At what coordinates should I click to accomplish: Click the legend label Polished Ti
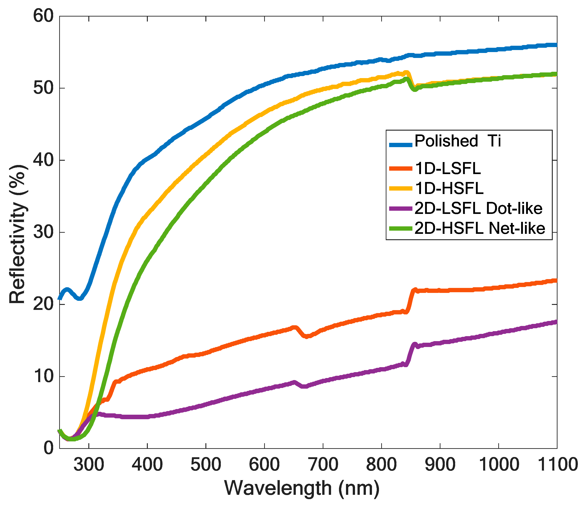457,141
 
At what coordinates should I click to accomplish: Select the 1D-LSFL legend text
448,169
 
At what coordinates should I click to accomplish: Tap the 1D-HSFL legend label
449,188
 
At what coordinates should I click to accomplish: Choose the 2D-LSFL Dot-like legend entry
478,208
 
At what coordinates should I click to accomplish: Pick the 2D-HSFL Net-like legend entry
480,228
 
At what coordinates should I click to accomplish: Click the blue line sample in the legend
400,145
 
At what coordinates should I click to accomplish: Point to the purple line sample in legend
400,209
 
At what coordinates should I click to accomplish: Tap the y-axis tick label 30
43,232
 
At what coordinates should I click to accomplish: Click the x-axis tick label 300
89,465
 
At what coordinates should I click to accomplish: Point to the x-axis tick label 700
323,465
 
